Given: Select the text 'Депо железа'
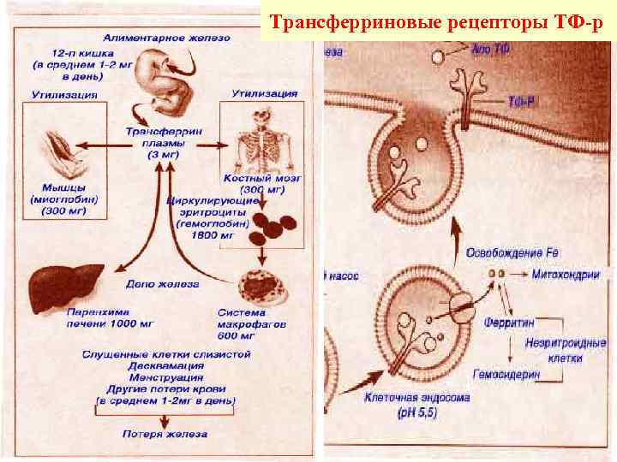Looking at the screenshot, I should pyautogui.click(x=163, y=283).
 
